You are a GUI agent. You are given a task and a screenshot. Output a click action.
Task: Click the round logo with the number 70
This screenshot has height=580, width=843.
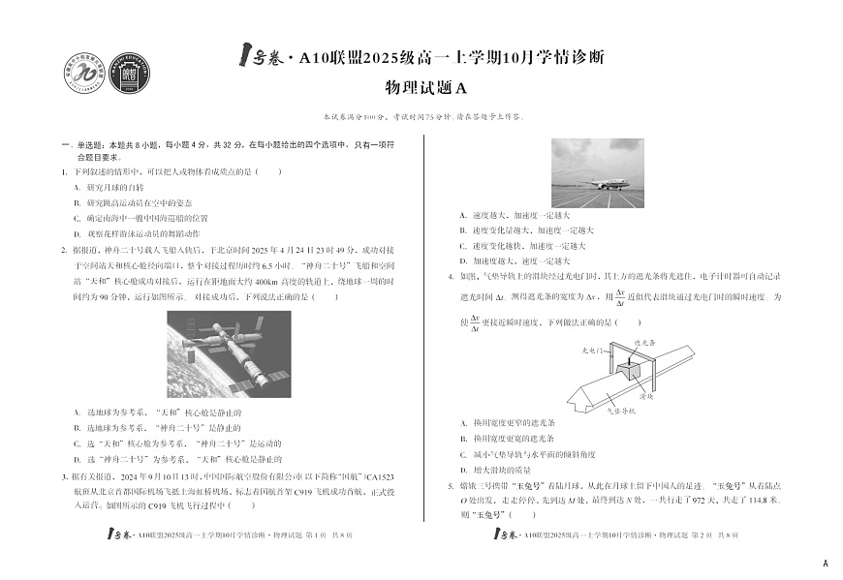click(x=83, y=74)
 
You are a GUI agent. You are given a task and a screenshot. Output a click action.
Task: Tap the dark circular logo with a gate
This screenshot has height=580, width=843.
click(x=128, y=74)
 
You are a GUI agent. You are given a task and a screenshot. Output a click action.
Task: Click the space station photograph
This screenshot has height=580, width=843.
click(x=229, y=354)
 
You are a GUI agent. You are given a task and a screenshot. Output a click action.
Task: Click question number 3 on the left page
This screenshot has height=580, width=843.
click(x=64, y=476)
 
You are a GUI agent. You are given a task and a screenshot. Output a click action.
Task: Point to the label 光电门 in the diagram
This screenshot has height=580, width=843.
click(x=593, y=348)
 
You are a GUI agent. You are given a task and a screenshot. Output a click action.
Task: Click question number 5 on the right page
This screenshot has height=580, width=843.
click(x=451, y=486)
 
